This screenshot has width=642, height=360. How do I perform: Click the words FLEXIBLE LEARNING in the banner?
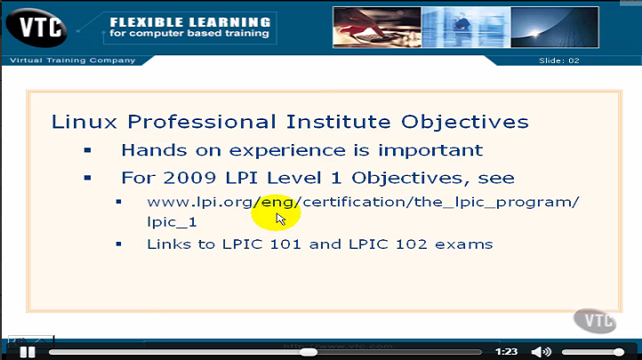pyautogui.click(x=189, y=20)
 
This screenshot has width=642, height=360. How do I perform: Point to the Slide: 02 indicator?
pyautogui.click(x=559, y=60)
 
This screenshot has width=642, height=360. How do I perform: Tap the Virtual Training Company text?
pyautogui.click(x=72, y=60)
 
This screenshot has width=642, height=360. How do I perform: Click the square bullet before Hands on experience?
pyautogui.click(x=87, y=150)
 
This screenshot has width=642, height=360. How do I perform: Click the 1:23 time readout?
pyautogui.click(x=506, y=352)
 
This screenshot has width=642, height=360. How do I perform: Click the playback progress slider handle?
pyautogui.click(x=308, y=352)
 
